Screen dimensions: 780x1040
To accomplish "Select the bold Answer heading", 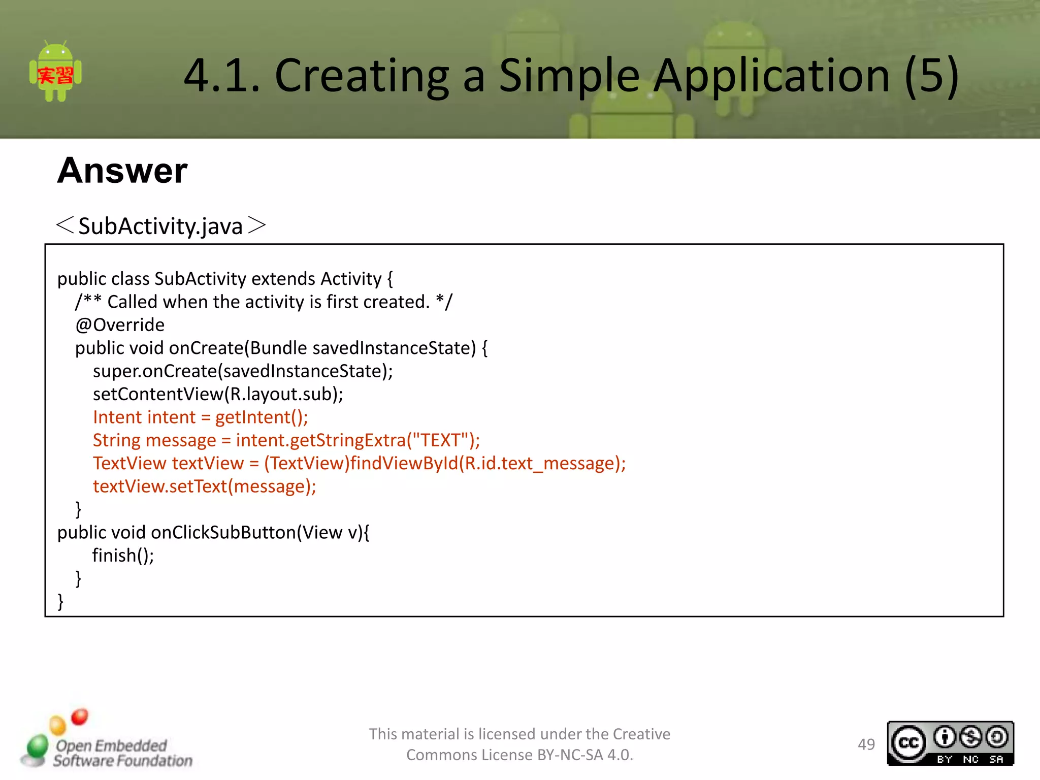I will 122,171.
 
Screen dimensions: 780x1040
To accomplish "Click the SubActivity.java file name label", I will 160,226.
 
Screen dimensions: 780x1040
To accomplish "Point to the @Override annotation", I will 120,325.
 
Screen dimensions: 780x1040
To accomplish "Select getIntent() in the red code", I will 261,417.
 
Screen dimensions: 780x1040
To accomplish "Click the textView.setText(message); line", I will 204,486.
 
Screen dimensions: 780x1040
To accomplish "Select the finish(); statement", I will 123,556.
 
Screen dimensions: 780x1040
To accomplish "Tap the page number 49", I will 866,744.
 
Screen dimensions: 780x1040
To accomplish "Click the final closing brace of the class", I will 60,601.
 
